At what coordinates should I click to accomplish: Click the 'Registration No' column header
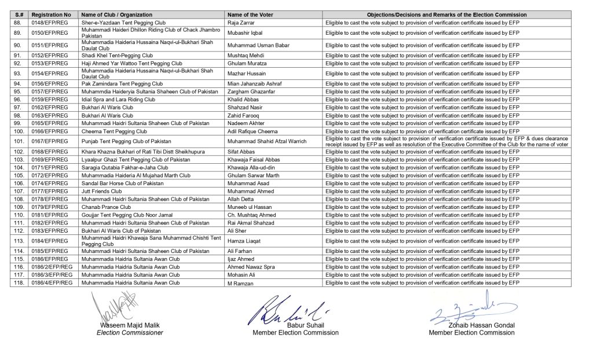(52, 14)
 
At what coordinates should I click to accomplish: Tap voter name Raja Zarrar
(240, 22)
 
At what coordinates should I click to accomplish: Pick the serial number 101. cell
(17, 141)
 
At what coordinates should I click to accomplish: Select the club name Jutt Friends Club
(101, 191)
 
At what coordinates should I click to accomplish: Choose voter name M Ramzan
(238, 283)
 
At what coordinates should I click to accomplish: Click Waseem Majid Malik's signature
(114, 307)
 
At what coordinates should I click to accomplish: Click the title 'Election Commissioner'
(130, 333)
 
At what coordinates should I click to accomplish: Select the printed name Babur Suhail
(295, 326)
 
